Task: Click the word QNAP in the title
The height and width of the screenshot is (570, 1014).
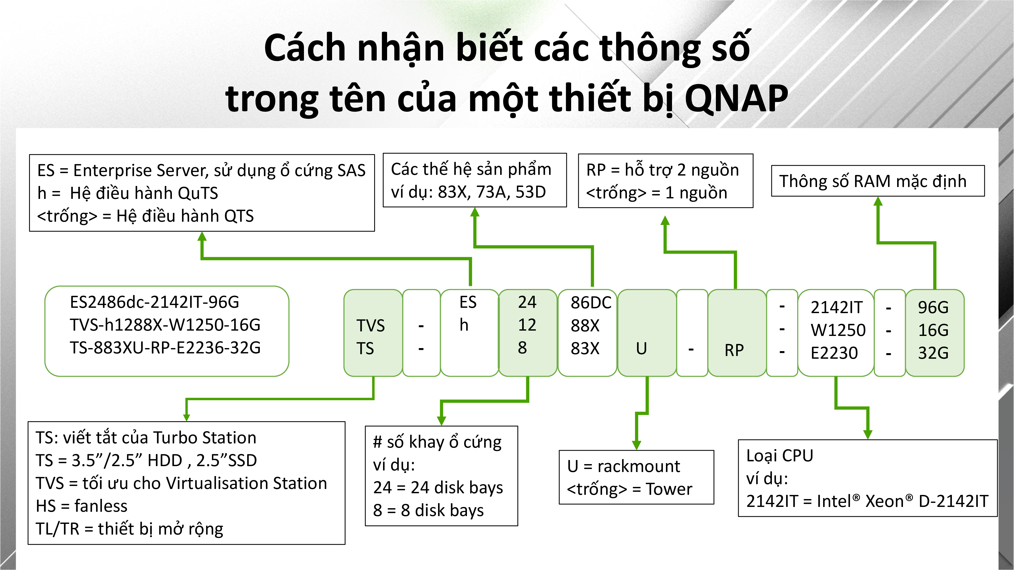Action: (x=736, y=98)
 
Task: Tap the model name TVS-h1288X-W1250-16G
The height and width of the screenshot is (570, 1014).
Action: (x=165, y=325)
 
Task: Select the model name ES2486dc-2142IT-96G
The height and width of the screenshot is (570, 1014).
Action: (x=154, y=302)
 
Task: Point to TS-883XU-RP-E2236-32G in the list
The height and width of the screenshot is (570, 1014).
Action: (x=165, y=348)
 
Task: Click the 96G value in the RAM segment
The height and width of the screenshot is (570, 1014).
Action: (x=933, y=307)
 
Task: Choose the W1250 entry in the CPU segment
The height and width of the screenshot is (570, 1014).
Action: (x=838, y=330)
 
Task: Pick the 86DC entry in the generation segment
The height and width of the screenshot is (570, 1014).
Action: (x=591, y=302)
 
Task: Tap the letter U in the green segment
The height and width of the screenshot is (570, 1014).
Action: (x=642, y=349)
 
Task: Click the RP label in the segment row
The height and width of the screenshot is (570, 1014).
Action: (x=734, y=350)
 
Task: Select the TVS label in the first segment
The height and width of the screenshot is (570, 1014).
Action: (x=370, y=326)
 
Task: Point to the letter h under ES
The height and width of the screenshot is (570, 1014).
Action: (x=464, y=325)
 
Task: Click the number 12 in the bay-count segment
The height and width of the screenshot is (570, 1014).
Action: (x=527, y=325)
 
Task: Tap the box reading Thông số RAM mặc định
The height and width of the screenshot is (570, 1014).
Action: (x=878, y=181)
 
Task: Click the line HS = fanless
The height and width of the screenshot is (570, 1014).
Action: (x=81, y=506)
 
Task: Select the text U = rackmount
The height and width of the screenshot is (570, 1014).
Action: (x=624, y=466)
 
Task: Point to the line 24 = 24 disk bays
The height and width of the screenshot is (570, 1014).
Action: (x=438, y=487)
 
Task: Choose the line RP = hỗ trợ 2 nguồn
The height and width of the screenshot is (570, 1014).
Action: (x=662, y=170)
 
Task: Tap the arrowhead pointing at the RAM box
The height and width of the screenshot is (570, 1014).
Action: (x=878, y=201)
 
